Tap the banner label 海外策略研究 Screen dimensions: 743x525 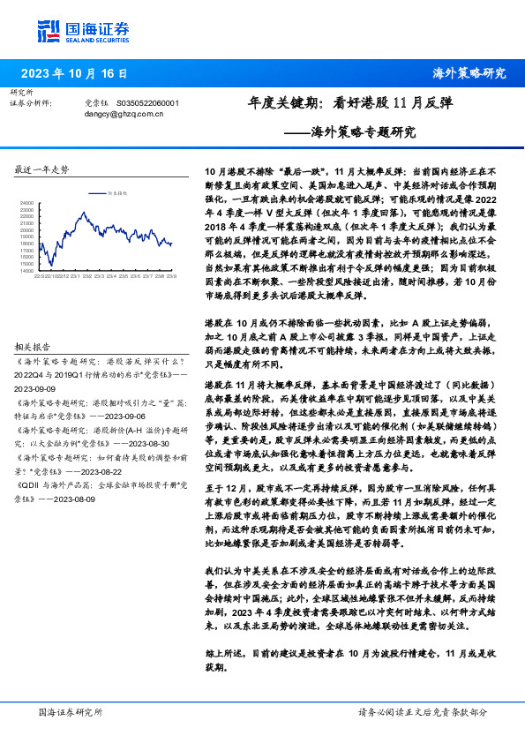pos(469,74)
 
